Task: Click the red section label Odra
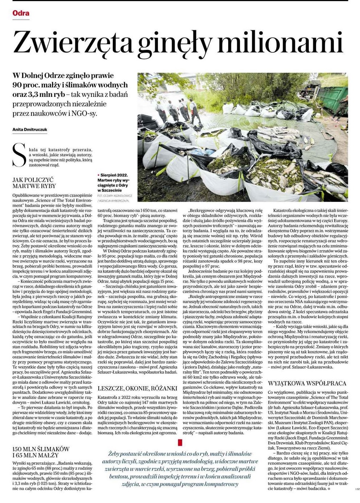pyautogui.click(x=21, y=13)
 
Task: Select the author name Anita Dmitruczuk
pyautogui.click(x=30, y=130)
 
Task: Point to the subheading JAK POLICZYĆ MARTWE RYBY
pyautogui.click(x=34, y=183)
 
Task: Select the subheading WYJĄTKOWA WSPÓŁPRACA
pyautogui.click(x=307, y=383)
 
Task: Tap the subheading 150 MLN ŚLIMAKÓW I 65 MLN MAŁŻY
pyautogui.click(x=41, y=452)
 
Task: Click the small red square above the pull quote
pyautogui.click(x=180, y=442)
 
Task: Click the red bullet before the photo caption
pyautogui.click(x=99, y=175)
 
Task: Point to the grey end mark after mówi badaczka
pyautogui.click(x=328, y=489)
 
